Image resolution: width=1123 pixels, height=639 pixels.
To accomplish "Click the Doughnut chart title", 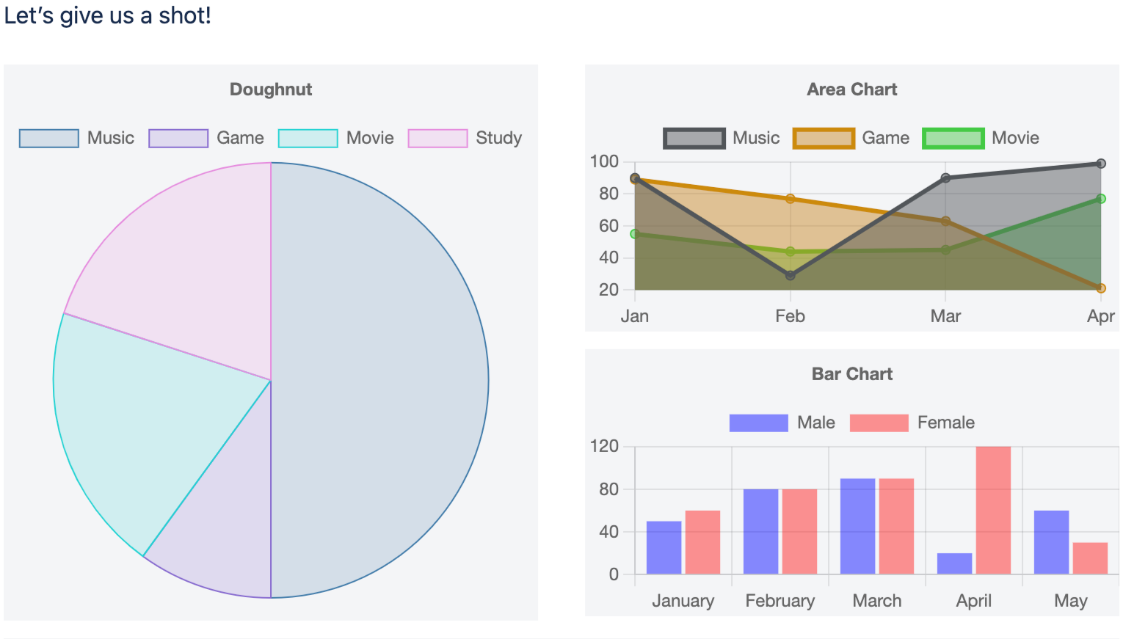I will point(271,90).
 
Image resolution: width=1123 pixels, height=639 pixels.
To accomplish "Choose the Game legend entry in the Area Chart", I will point(851,138).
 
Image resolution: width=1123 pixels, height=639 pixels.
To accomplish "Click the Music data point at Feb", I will point(791,276).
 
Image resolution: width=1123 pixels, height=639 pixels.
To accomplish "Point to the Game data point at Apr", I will point(1101,288).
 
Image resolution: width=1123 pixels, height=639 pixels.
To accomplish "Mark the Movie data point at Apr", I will point(1101,199).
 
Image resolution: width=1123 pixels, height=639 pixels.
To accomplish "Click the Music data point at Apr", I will point(1101,164).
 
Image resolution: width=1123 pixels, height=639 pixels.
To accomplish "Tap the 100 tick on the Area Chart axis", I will point(604,161).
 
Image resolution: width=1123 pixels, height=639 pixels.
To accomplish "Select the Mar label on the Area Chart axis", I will point(945,316).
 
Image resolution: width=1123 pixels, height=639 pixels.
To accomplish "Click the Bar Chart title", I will point(852,374).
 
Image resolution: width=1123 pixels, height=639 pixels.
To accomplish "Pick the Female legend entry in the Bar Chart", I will point(912,423).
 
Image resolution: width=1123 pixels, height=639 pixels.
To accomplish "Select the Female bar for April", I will point(993,510).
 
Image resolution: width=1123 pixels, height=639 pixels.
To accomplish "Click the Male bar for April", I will point(954,563).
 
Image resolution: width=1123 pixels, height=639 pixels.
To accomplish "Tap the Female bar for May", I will point(1090,558).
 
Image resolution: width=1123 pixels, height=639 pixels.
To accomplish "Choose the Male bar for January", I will point(664,547).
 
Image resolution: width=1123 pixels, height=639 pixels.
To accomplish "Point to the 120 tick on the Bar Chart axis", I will point(604,446).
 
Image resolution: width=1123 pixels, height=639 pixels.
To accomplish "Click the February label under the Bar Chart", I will point(780,601).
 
